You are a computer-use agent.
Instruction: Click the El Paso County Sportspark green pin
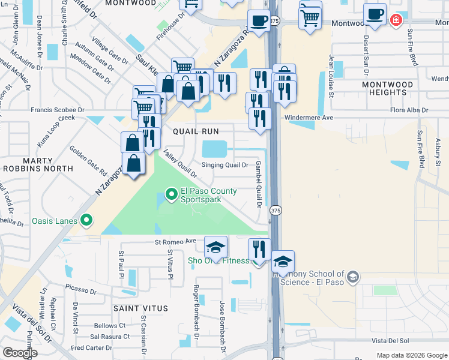170,194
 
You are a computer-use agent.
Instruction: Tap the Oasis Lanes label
55,221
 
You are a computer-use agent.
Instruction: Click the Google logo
20,353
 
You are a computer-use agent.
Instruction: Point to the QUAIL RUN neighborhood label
195,131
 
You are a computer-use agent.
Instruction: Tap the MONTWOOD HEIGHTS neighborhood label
388,89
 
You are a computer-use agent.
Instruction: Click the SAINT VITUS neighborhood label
140,308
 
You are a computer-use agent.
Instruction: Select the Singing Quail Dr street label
224,165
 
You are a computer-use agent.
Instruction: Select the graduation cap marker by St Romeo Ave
215,247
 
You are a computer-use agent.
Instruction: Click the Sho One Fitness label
218,260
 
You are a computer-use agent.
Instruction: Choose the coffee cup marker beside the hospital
376,14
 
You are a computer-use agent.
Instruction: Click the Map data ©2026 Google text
412,355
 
